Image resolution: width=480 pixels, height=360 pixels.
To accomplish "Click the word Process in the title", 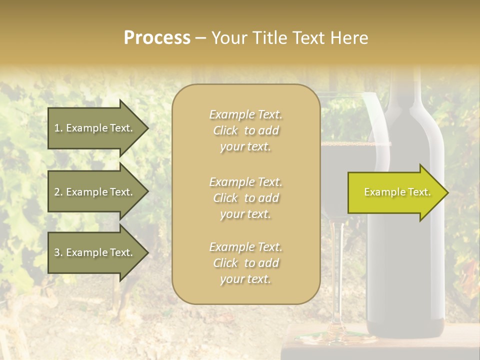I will click(157, 38).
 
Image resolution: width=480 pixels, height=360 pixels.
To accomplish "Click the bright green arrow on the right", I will click(395, 192).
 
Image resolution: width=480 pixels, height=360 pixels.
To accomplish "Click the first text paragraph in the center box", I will click(245, 130).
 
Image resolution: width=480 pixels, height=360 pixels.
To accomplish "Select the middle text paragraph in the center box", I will click(245, 198).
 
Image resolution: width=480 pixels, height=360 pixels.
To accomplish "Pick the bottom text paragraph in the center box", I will click(245, 263).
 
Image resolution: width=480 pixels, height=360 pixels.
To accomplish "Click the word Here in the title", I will click(348, 38).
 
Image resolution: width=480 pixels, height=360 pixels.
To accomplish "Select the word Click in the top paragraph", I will click(225, 130).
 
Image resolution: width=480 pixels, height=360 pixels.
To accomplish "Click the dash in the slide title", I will click(200, 38).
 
